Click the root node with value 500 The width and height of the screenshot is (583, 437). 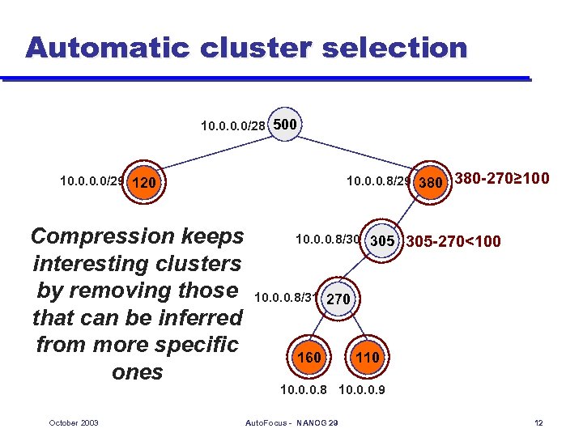coord(285,125)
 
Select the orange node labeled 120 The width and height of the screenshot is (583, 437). coord(143,183)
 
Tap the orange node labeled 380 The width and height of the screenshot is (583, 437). coord(429,183)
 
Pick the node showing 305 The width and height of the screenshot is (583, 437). coord(382,241)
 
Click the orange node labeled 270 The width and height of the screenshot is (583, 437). coord(338,299)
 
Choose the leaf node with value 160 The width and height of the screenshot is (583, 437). coord(309,357)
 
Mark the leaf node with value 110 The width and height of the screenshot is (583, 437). coord(368,357)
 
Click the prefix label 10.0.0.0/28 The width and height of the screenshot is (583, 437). coord(233,126)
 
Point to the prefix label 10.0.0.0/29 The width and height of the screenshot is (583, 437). coord(91,181)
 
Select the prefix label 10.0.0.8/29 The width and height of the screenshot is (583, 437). coord(378,181)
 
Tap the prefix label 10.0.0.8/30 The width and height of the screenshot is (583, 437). coord(328,240)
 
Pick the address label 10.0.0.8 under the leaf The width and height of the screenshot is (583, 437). coord(303,390)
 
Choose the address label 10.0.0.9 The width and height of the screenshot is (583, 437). coord(361,390)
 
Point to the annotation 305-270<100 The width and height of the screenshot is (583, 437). coord(453,241)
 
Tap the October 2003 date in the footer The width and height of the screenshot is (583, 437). coord(74,423)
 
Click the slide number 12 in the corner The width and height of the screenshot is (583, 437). coord(539,423)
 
